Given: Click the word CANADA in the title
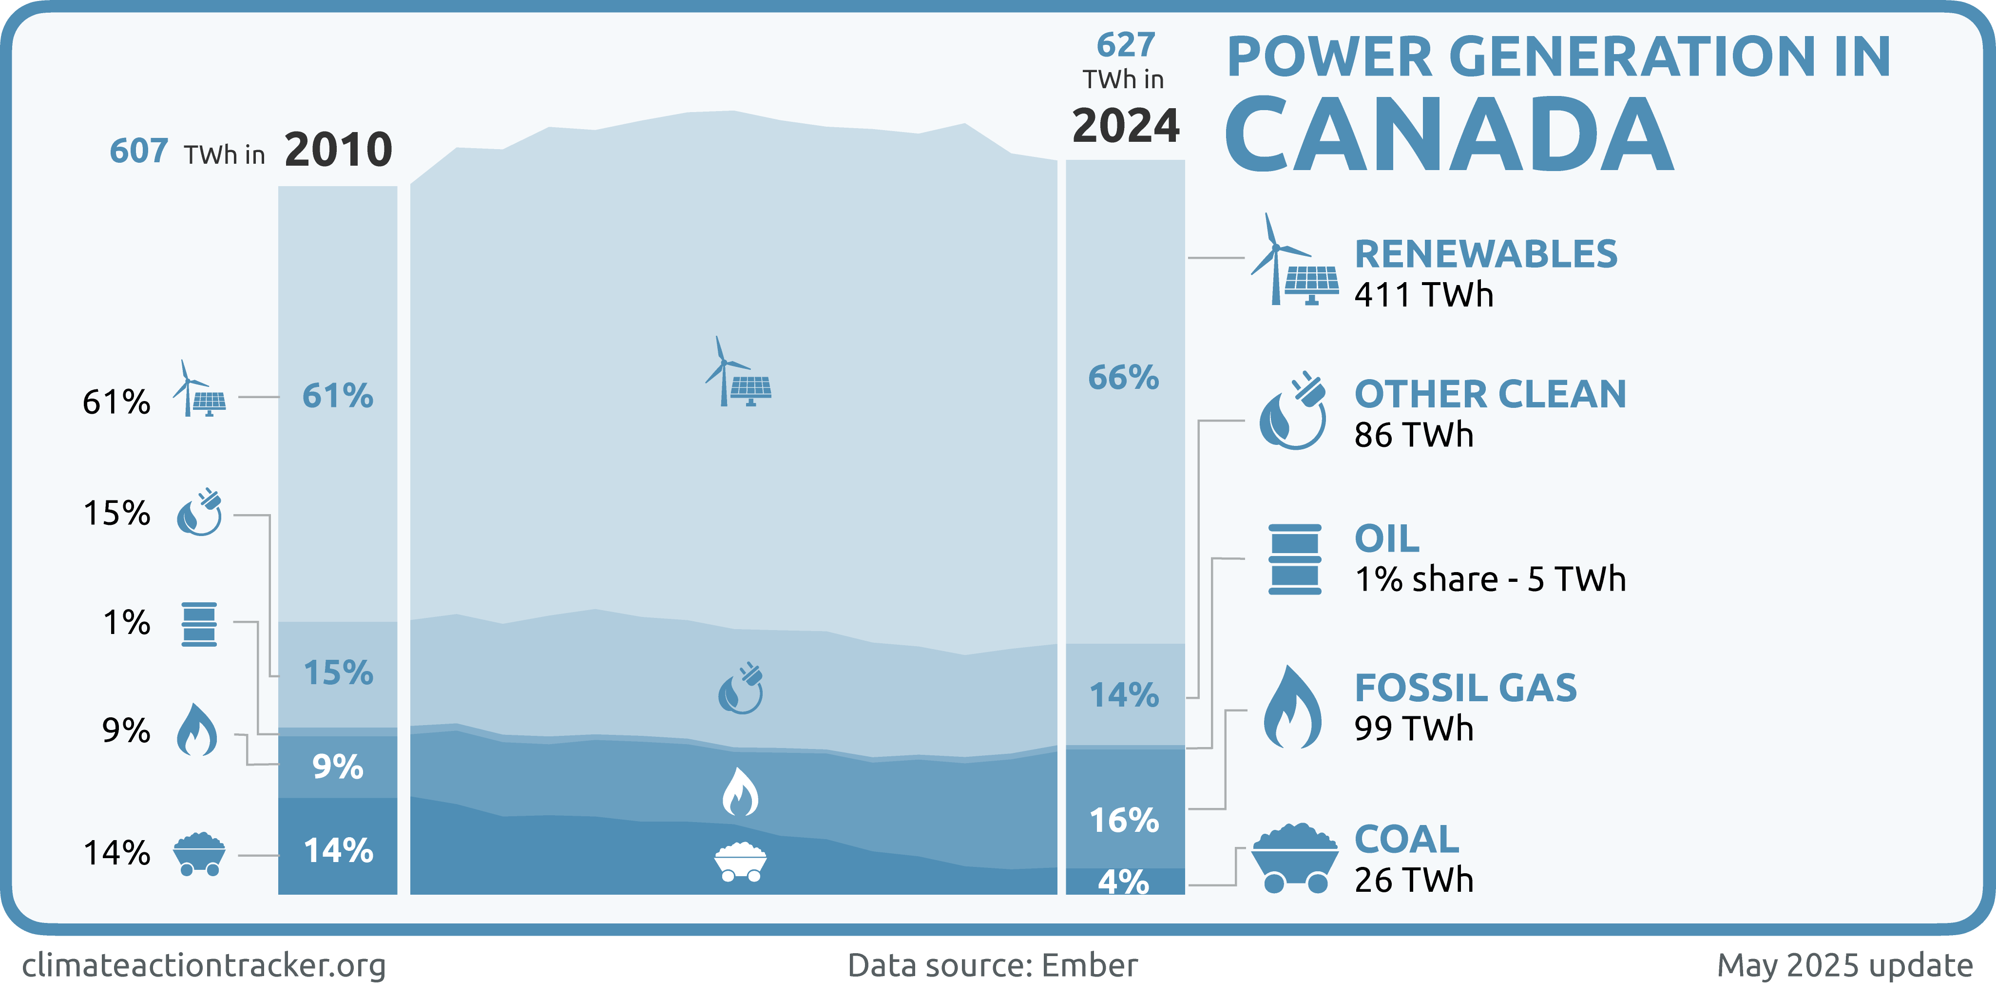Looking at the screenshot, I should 1449,135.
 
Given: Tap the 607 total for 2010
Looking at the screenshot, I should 139,151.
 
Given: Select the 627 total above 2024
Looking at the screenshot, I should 1125,45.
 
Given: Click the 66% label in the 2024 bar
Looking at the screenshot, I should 1124,378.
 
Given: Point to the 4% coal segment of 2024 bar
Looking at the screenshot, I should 1124,881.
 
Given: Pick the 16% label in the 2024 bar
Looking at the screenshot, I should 1124,820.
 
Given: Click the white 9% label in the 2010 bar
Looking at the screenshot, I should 338,767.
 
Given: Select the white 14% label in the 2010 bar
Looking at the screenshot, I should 338,851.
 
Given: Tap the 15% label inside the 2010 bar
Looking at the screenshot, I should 338,672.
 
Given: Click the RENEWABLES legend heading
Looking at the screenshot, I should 1485,254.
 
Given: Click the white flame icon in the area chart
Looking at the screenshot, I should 740,792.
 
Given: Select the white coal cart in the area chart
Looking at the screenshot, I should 740,862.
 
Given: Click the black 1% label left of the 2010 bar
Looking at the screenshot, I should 126,623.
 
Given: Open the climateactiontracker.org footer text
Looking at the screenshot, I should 204,965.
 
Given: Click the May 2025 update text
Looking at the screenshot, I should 1844,965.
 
